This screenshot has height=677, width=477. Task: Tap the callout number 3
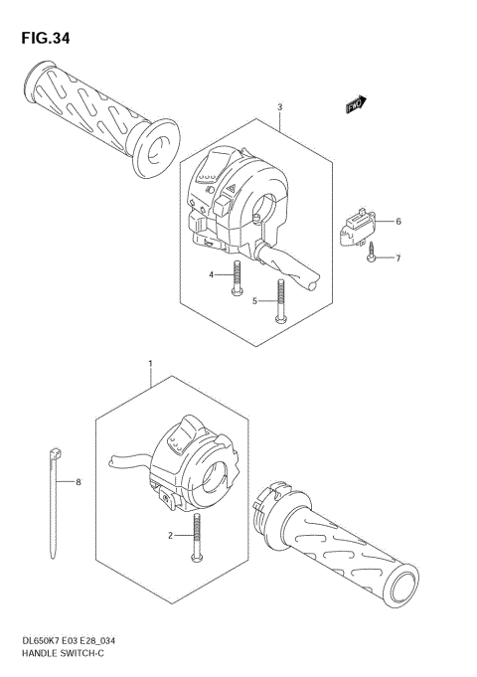point(280,107)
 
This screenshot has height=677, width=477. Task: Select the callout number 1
point(149,365)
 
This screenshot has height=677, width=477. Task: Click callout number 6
point(398,221)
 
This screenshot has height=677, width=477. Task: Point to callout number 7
point(398,258)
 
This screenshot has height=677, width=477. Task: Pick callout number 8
point(79,482)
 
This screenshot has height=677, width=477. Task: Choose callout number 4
point(211,274)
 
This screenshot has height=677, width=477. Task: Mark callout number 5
point(254,299)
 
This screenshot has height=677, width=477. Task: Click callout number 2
point(171,536)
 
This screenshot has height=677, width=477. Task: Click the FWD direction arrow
point(356,102)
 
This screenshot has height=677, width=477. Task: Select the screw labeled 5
point(282,299)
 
